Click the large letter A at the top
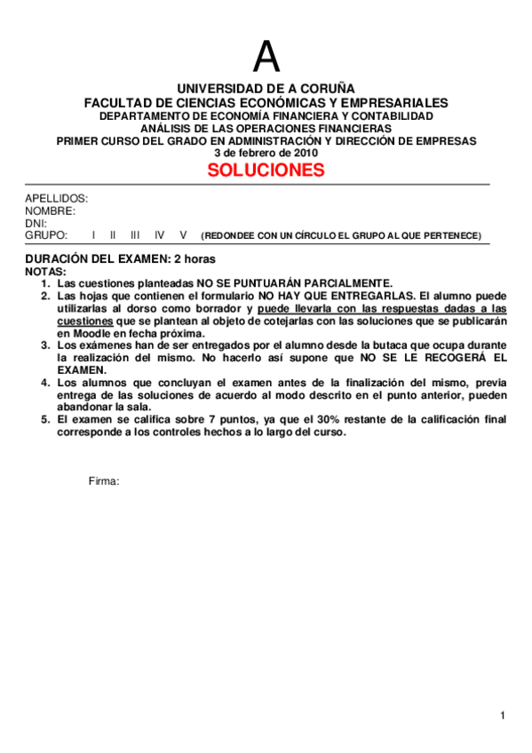click(266, 58)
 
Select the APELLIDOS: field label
click(56, 198)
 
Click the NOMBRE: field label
click(50, 210)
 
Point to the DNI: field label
click(36, 223)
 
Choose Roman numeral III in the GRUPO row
click(135, 235)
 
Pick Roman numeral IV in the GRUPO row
click(159, 235)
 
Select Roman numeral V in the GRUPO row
click(183, 235)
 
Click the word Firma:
click(104, 480)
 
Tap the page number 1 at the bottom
click(502, 716)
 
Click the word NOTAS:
click(45, 271)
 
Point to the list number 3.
click(45, 345)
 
